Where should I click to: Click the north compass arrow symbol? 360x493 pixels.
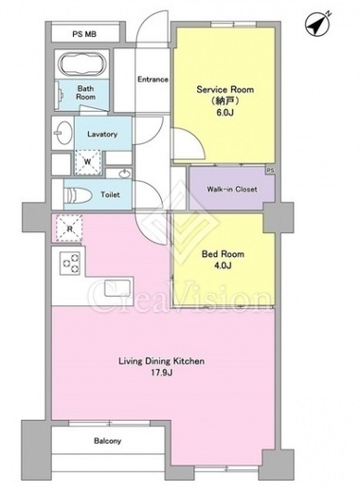pyautogui.click(x=318, y=24)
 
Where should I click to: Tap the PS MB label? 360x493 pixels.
pyautogui.click(x=84, y=34)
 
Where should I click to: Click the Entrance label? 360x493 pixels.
pyautogui.click(x=153, y=79)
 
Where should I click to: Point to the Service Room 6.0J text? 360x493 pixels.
pyautogui.click(x=225, y=100)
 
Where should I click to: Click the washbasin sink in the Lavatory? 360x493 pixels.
pyautogui.click(x=62, y=133)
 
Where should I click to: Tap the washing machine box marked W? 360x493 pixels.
pyautogui.click(x=87, y=162)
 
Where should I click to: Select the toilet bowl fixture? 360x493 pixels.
pyautogui.click(x=78, y=194)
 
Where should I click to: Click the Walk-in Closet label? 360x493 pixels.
pyautogui.click(x=232, y=189)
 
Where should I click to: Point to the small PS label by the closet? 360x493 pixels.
pyautogui.click(x=271, y=170)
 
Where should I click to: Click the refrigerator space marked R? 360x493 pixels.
pyautogui.click(x=69, y=228)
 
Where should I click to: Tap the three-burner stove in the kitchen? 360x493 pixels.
pyautogui.click(x=70, y=264)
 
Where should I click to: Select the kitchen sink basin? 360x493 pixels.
pyautogui.click(x=117, y=288)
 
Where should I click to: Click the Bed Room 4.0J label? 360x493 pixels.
pyautogui.click(x=223, y=260)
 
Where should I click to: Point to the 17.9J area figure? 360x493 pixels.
pyautogui.click(x=161, y=373)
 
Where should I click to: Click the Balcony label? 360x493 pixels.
pyautogui.click(x=107, y=441)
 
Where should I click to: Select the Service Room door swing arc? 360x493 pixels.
pyautogui.click(x=196, y=139)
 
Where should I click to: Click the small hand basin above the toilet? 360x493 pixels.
pyautogui.click(x=125, y=173)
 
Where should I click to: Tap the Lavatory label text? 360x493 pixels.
pyautogui.click(x=102, y=134)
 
